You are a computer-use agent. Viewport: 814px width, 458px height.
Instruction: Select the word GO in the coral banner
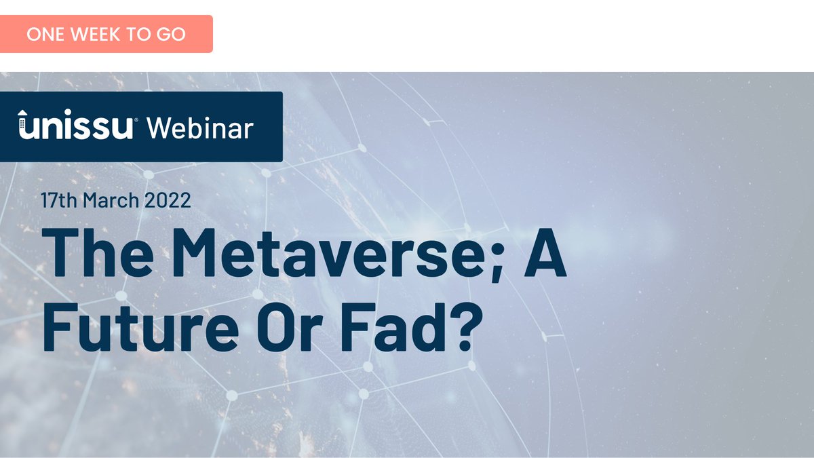pyautogui.click(x=173, y=34)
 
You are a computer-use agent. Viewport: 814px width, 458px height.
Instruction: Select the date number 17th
pyautogui.click(x=58, y=201)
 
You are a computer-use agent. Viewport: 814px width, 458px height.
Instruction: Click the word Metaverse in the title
pyautogui.click(x=312, y=252)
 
